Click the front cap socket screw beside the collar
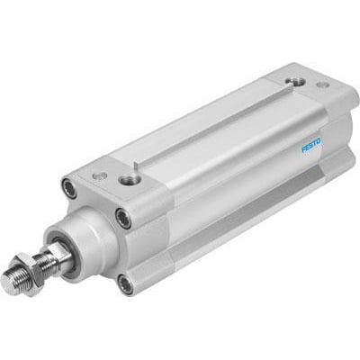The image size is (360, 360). pos(123,217)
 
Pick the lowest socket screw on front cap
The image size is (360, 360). pos(125,284)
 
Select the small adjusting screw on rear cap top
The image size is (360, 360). pos(321,85)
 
